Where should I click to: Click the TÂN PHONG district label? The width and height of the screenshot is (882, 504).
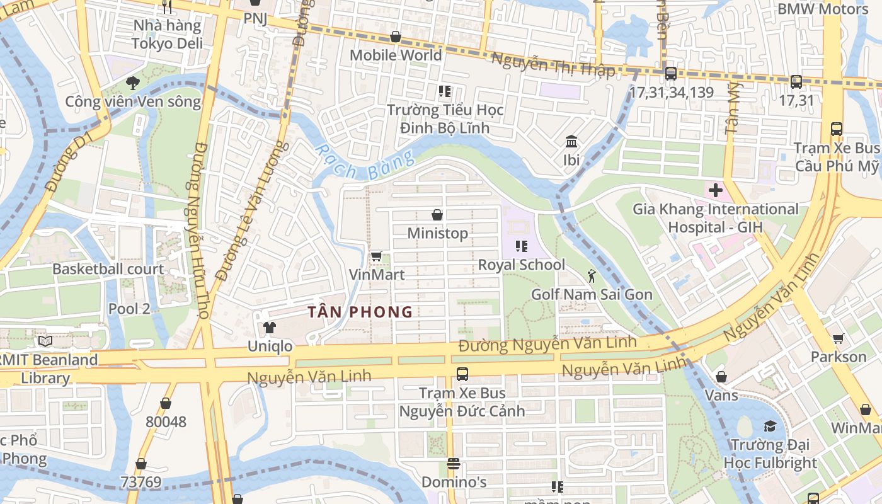click(x=360, y=312)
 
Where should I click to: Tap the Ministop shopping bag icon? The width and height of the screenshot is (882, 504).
click(x=437, y=215)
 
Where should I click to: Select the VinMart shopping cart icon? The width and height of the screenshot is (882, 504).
click(x=376, y=256)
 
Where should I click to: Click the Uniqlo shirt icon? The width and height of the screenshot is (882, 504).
click(x=270, y=328)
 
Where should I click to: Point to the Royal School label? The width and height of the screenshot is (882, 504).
click(x=521, y=265)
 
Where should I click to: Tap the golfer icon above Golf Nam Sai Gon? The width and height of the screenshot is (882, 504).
click(x=592, y=275)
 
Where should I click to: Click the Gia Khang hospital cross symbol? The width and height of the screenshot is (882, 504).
click(x=716, y=190)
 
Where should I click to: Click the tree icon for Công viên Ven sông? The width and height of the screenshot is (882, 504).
click(x=132, y=82)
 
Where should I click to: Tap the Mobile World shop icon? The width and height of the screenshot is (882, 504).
click(x=396, y=37)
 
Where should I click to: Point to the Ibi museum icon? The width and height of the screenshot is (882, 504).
click(x=571, y=140)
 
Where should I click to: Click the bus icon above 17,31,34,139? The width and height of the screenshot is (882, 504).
click(x=671, y=73)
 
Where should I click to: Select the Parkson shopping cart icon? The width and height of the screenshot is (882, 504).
click(x=839, y=338)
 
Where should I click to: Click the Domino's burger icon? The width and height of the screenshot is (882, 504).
click(x=454, y=464)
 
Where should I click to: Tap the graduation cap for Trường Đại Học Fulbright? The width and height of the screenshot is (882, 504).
click(x=770, y=427)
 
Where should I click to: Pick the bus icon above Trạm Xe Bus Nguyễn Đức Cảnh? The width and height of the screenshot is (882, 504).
click(x=462, y=374)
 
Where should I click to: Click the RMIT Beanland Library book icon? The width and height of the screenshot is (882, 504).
click(x=45, y=341)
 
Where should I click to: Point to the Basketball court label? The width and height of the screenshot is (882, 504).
click(x=108, y=269)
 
